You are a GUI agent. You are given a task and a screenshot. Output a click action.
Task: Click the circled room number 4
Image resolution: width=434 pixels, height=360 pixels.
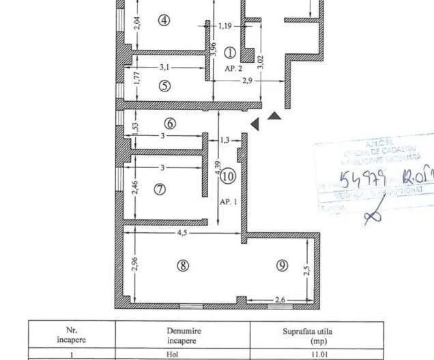(x=164, y=20)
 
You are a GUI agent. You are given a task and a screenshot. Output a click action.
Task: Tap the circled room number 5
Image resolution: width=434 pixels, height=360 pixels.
(x=164, y=86)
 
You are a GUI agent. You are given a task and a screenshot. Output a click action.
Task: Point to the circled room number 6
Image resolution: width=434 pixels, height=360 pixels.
(x=170, y=124)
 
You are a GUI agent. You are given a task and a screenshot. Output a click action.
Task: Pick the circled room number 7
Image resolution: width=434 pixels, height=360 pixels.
(x=160, y=189)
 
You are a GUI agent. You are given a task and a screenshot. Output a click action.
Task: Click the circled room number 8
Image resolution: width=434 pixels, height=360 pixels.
(x=183, y=266)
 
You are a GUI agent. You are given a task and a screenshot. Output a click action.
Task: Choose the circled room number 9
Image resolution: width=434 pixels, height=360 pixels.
(x=282, y=266)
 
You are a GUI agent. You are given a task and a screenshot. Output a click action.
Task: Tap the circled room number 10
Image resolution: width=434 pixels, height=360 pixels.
(x=228, y=176)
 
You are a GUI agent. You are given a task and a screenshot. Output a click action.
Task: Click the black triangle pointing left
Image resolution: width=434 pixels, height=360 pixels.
(x=255, y=124)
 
